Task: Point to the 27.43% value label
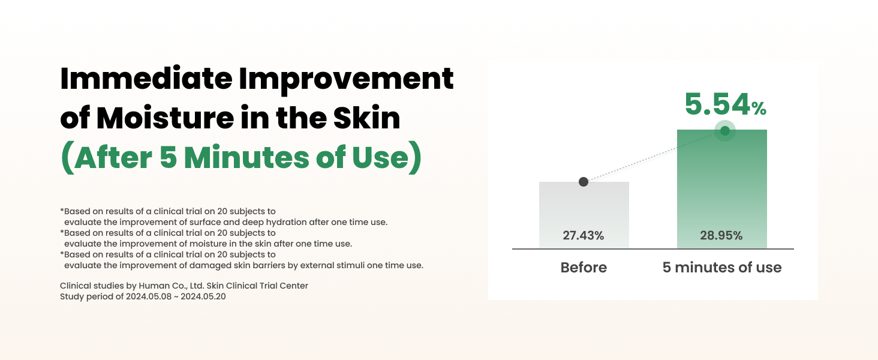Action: point(584,236)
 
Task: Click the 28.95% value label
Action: point(721,236)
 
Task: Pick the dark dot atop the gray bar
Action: point(584,182)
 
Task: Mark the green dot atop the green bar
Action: point(725,130)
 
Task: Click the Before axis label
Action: point(584,268)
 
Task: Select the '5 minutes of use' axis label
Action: point(722,268)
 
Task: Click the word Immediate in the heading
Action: point(143,79)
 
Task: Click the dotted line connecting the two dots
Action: point(654,157)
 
